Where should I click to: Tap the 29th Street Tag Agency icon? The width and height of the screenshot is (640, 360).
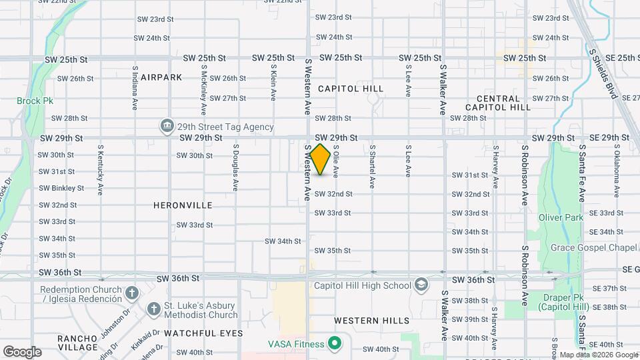pos(167,126)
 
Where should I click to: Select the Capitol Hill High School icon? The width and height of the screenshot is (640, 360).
pos(421,285)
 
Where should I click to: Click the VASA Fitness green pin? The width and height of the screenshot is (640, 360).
pos(335,344)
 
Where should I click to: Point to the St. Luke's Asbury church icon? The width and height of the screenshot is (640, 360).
pos(152,310)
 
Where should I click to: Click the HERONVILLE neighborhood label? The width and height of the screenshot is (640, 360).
pos(183,205)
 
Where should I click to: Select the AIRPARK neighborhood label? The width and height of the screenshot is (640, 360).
pos(161,77)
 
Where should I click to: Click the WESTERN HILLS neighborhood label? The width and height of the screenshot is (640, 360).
pos(372,321)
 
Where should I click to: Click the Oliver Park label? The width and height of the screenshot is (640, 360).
pos(561,217)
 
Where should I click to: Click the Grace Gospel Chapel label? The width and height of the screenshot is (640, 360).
pos(595,248)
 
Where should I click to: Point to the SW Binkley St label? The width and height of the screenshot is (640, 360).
pos(62,188)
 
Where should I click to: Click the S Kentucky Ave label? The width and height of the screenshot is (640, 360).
pos(100,170)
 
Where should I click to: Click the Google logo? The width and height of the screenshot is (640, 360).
pos(22,352)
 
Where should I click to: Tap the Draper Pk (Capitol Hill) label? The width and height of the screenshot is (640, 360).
pos(561,302)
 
